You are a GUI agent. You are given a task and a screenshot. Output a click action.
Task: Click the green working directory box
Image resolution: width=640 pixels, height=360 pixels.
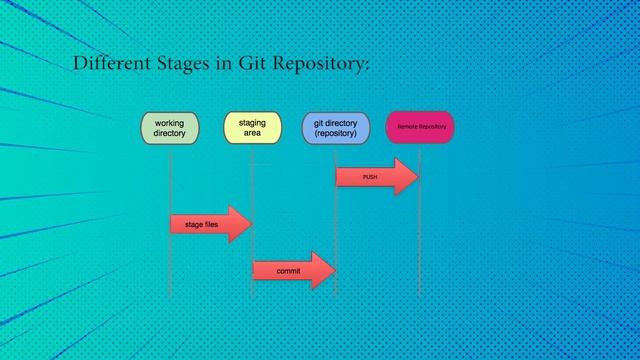click(x=170, y=127)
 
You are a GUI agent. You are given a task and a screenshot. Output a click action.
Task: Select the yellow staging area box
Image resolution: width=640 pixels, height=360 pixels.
click(x=252, y=127)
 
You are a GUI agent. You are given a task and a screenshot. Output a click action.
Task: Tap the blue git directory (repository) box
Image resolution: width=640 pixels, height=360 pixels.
click(x=335, y=127)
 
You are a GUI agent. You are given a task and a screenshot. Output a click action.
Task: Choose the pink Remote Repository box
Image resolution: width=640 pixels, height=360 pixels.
click(x=420, y=127)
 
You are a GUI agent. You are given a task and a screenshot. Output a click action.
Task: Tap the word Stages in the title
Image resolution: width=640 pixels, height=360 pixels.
click(x=184, y=65)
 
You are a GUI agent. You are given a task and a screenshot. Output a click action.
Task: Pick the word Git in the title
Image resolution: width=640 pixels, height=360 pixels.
click(x=252, y=64)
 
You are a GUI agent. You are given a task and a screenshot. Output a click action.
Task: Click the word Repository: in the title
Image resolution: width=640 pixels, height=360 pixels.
click(x=321, y=65)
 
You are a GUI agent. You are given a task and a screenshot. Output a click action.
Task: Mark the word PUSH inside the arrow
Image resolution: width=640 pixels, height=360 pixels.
click(x=370, y=177)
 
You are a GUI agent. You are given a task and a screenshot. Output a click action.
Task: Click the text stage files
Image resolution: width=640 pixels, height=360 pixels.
click(x=201, y=225)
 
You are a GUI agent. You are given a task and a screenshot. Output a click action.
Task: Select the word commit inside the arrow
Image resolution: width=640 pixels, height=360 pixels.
click(x=288, y=271)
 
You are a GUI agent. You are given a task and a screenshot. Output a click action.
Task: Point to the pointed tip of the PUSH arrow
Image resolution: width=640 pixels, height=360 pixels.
click(x=416, y=177)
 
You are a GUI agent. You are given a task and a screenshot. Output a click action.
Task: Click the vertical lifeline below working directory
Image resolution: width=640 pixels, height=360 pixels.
click(x=170, y=270)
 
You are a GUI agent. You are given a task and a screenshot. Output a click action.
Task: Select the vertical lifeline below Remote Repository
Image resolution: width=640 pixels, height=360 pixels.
click(x=420, y=250)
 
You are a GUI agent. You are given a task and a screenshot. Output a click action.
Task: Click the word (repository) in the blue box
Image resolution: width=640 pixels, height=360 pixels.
click(x=335, y=133)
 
